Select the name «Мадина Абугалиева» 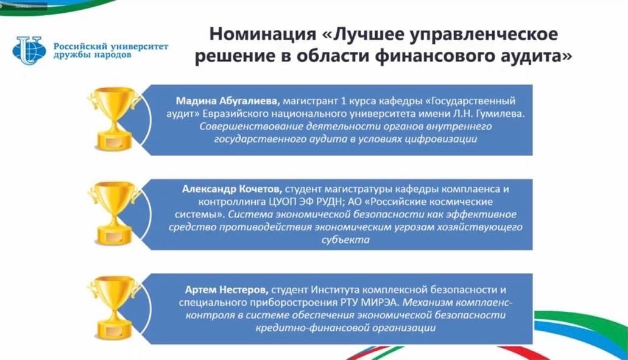click(227, 101)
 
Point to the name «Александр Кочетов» click(232, 189)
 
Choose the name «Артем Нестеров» click(227, 289)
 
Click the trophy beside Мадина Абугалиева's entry click(115, 119)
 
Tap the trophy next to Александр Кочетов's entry click(115, 213)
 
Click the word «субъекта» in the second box click(345, 240)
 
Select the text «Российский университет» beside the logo click(111, 47)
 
